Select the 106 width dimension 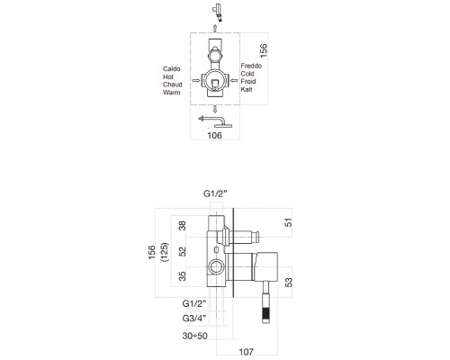pyautogui.click(x=214, y=137)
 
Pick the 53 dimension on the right pyautogui.click(x=289, y=283)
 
